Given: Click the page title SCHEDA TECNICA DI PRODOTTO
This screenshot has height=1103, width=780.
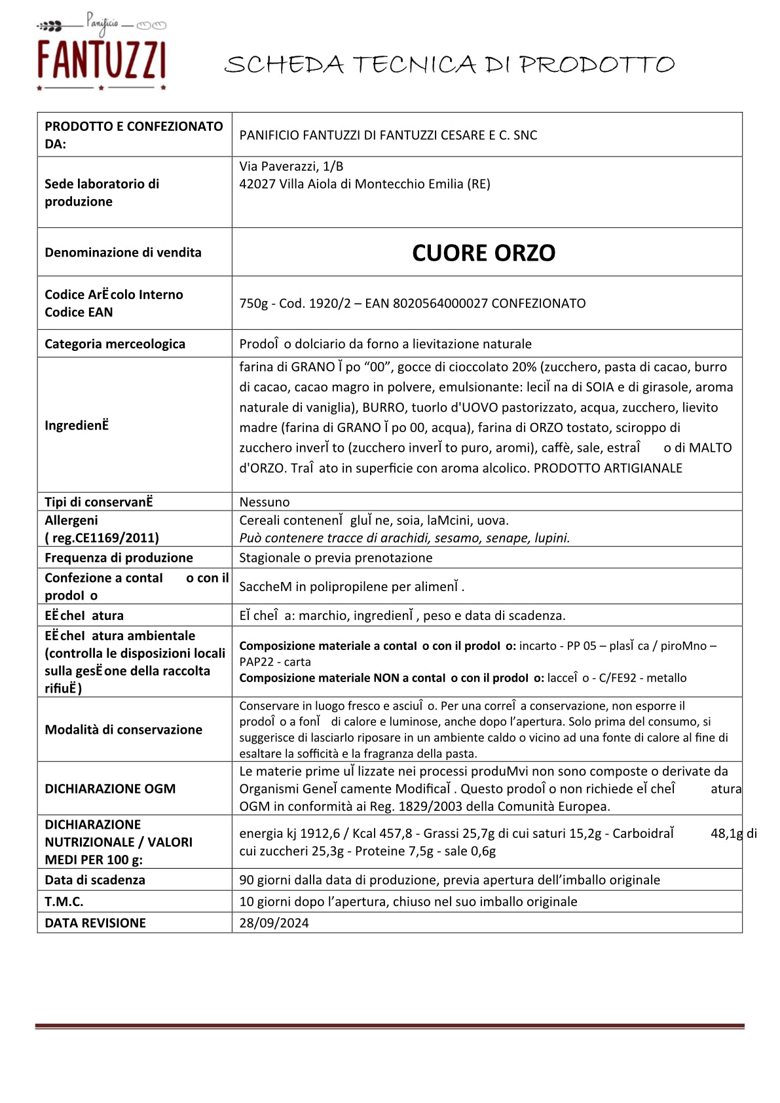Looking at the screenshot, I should [449, 65].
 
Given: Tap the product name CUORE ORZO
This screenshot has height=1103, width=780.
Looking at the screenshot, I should [483, 253].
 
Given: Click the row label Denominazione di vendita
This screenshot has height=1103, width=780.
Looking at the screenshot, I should [123, 253].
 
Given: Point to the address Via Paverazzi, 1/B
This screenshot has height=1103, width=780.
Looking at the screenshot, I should [291, 166].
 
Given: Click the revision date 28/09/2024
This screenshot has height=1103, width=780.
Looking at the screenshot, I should [274, 923].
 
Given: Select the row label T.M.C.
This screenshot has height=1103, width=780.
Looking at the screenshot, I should [64, 901].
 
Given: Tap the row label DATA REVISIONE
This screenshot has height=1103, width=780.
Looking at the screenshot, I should [95, 923].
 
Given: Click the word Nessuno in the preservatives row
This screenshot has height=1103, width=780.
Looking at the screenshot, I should [265, 502].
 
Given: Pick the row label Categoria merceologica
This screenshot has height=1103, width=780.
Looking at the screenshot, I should [115, 344].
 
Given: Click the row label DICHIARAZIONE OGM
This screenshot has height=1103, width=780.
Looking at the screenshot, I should [110, 789].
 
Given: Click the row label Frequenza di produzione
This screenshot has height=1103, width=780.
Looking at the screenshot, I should [119, 558].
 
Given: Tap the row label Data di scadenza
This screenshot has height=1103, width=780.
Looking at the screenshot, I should [95, 880].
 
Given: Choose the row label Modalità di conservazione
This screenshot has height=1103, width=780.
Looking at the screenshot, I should [123, 730].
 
